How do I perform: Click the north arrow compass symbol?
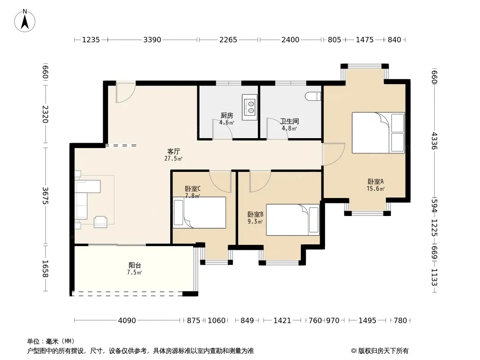(25, 21)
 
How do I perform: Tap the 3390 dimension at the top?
(152, 40)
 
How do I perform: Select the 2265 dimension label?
(228, 40)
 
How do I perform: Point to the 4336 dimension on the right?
(434, 141)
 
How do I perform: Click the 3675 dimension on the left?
(45, 195)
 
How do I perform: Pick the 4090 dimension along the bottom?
(127, 320)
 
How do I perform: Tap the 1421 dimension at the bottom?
(282, 320)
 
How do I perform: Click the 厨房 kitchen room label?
(227, 115)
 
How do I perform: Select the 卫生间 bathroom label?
(289, 121)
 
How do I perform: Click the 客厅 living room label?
(173, 151)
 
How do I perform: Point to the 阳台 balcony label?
(135, 265)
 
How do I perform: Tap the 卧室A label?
(376, 182)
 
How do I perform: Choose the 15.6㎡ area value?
(376, 189)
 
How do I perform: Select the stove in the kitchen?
(250, 107)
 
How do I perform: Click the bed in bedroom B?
(293, 220)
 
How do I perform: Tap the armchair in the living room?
(100, 221)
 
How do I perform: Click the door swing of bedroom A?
(334, 154)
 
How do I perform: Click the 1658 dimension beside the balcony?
(45, 269)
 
